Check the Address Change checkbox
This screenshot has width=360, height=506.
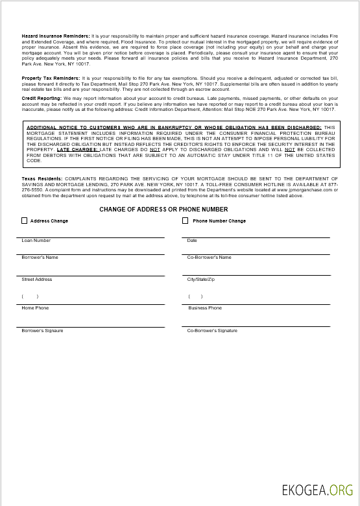(x=25, y=221)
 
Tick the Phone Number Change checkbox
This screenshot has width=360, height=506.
(x=186, y=221)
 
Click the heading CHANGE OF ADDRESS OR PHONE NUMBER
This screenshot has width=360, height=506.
(x=163, y=210)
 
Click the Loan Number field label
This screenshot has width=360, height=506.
(x=36, y=241)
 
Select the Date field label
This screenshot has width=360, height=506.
(x=192, y=241)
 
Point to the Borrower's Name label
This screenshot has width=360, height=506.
(x=40, y=258)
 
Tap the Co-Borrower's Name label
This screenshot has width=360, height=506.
(x=209, y=258)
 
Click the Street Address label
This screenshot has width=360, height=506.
(x=36, y=280)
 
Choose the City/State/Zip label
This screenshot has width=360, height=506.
(x=200, y=280)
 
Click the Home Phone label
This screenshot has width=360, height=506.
(x=35, y=308)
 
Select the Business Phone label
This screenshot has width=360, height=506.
(x=205, y=308)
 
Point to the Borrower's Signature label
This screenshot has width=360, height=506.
(x=42, y=331)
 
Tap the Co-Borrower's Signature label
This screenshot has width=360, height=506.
(x=212, y=331)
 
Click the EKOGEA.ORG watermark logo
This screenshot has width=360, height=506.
(x=317, y=490)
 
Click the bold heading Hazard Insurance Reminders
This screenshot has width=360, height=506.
(x=56, y=36)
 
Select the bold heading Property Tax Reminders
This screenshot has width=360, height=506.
(x=50, y=78)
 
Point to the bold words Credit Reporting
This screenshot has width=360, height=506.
(x=42, y=98)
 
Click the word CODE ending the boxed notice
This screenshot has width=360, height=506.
(x=34, y=160)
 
